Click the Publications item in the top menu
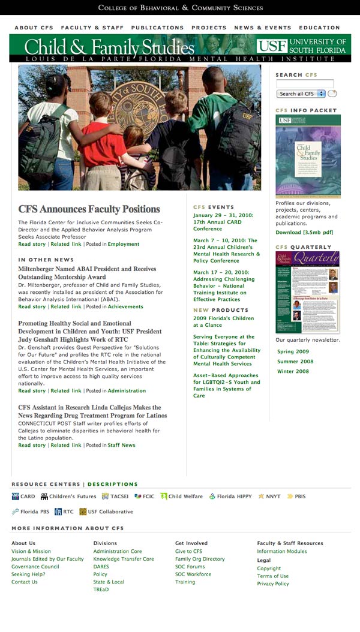pos(157,28)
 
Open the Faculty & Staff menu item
pos(92,28)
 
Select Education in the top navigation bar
pos(319,28)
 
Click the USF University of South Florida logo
pos(301,46)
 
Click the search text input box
pos(305,84)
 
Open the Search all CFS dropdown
pos(301,94)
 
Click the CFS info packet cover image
pos(308,156)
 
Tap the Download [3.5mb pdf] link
pos(304,233)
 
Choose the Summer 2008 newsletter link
pos(295,362)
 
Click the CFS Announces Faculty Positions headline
pos(89,209)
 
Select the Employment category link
pos(124,245)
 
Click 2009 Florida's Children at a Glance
pos(223,321)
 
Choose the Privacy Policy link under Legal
pos(273,584)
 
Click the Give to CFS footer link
pos(188,552)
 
